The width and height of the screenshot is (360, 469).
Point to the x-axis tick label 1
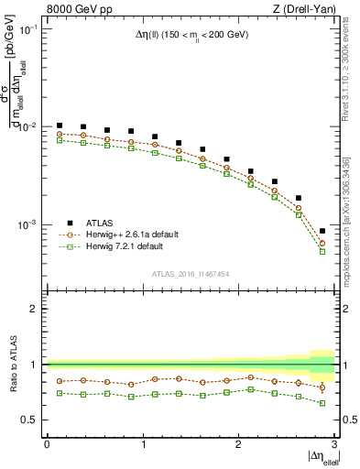coord(142,445)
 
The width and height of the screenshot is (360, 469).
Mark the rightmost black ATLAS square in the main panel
coord(322,231)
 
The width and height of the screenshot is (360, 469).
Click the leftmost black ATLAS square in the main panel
coord(60,125)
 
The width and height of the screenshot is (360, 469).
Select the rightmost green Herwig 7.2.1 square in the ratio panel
coord(322,402)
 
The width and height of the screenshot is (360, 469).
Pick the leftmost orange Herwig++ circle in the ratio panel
coord(60,381)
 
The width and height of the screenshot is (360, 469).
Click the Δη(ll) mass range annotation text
coord(189,34)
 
